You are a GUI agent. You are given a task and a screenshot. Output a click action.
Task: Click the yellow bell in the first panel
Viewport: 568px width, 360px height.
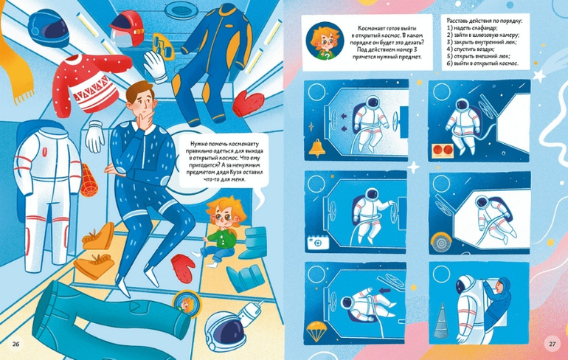317,148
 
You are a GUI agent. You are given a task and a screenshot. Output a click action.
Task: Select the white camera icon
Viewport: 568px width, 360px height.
318,243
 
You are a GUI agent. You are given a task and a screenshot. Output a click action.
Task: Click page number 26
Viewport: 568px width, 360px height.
16,344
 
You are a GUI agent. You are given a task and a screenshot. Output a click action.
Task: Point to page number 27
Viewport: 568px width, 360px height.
552,344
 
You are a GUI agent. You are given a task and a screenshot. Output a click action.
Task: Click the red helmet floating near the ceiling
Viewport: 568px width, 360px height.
127,29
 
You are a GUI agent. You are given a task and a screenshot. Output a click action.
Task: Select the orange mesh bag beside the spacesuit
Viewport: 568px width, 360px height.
88,180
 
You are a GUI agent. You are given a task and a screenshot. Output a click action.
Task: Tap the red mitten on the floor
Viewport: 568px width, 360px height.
183,269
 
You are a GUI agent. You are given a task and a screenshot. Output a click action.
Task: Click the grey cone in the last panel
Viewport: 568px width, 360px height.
442,321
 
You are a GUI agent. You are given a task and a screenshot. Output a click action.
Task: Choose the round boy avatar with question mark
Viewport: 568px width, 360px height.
325,41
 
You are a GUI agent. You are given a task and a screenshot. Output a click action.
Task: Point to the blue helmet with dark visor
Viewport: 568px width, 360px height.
49,28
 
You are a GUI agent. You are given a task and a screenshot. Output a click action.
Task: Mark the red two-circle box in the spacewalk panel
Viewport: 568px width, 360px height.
443,150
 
